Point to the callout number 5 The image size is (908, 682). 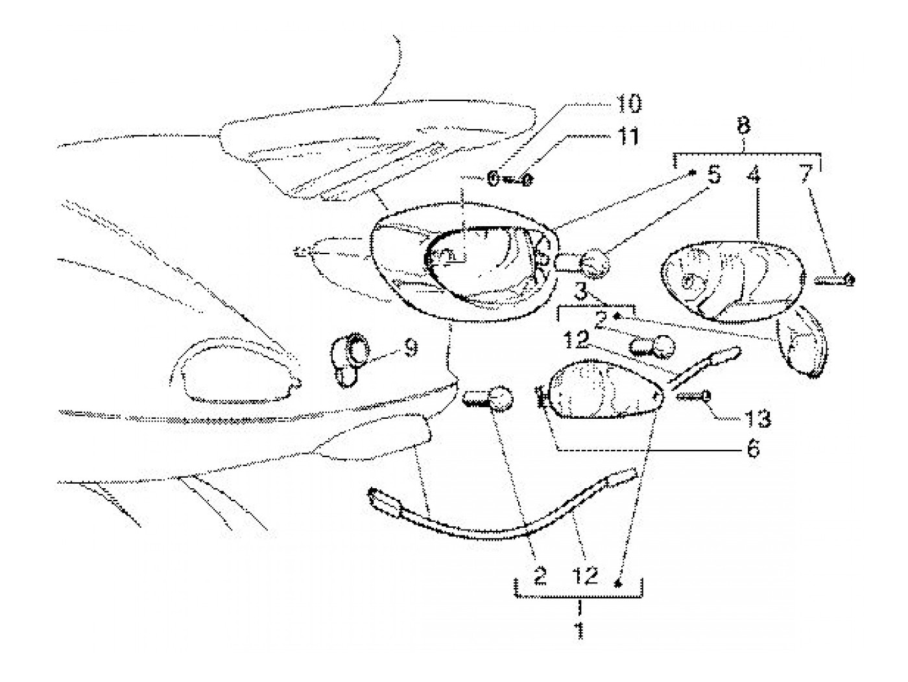pyautogui.click(x=713, y=175)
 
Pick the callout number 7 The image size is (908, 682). pyautogui.click(x=804, y=175)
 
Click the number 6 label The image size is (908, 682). pyautogui.click(x=752, y=449)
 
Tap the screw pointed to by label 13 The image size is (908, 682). pyautogui.click(x=695, y=395)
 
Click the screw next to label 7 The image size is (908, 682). pyautogui.click(x=835, y=280)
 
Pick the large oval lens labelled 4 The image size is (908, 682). pyautogui.click(x=731, y=280)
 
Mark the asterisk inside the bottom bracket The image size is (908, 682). pyautogui.click(x=618, y=583)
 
